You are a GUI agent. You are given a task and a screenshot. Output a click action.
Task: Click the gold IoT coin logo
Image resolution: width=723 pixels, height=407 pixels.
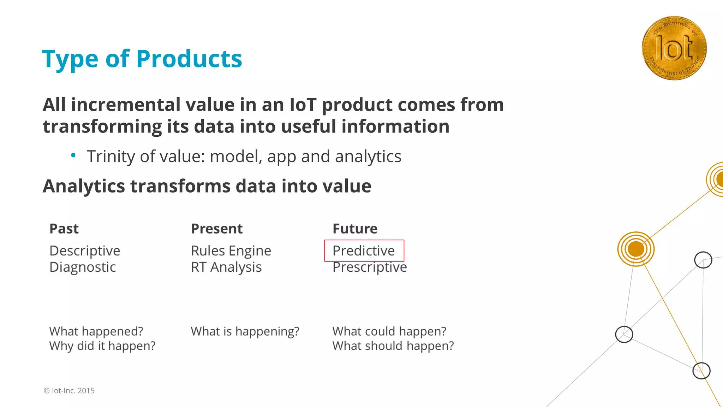pos(674,48)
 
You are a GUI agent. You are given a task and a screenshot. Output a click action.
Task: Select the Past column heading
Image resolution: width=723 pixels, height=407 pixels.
pos(64,229)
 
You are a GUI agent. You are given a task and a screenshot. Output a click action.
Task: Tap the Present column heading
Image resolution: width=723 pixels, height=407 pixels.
pos(217,229)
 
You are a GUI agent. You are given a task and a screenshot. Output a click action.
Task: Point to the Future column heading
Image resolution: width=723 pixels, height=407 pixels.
pos(355,229)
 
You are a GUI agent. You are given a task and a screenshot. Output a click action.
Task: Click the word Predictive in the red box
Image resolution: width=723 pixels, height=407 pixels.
pos(364,251)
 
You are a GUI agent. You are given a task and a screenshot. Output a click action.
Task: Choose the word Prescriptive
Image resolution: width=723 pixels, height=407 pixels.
pos(370,267)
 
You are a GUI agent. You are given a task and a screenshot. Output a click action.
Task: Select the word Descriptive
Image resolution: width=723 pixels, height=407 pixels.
pos(85,251)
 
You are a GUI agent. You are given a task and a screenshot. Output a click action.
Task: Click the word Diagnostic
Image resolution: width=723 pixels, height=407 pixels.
pos(83,267)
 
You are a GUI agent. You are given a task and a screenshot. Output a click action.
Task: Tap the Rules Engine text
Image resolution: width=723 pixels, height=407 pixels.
pos(231,251)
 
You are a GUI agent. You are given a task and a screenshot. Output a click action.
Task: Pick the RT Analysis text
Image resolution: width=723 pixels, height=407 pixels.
pos(226,267)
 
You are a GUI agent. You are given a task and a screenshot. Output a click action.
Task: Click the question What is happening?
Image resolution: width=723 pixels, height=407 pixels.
pos(245,331)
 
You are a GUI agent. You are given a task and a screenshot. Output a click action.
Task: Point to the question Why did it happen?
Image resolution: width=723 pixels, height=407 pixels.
pos(102,346)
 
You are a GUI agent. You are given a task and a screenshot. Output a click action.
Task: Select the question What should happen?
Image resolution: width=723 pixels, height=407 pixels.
pos(393,346)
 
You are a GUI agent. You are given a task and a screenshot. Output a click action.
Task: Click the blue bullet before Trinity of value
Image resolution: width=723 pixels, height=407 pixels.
pos(73,155)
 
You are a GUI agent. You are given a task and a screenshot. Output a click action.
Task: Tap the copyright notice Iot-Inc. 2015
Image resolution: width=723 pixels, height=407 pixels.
pos(69,391)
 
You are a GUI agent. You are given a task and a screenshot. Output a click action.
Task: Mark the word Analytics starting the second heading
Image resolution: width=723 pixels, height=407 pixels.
pos(84,186)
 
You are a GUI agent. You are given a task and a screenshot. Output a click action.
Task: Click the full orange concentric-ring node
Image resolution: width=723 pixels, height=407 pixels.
pos(636,249)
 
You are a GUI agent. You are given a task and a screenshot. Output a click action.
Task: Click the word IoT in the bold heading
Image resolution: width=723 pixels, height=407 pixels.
pos(303,105)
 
